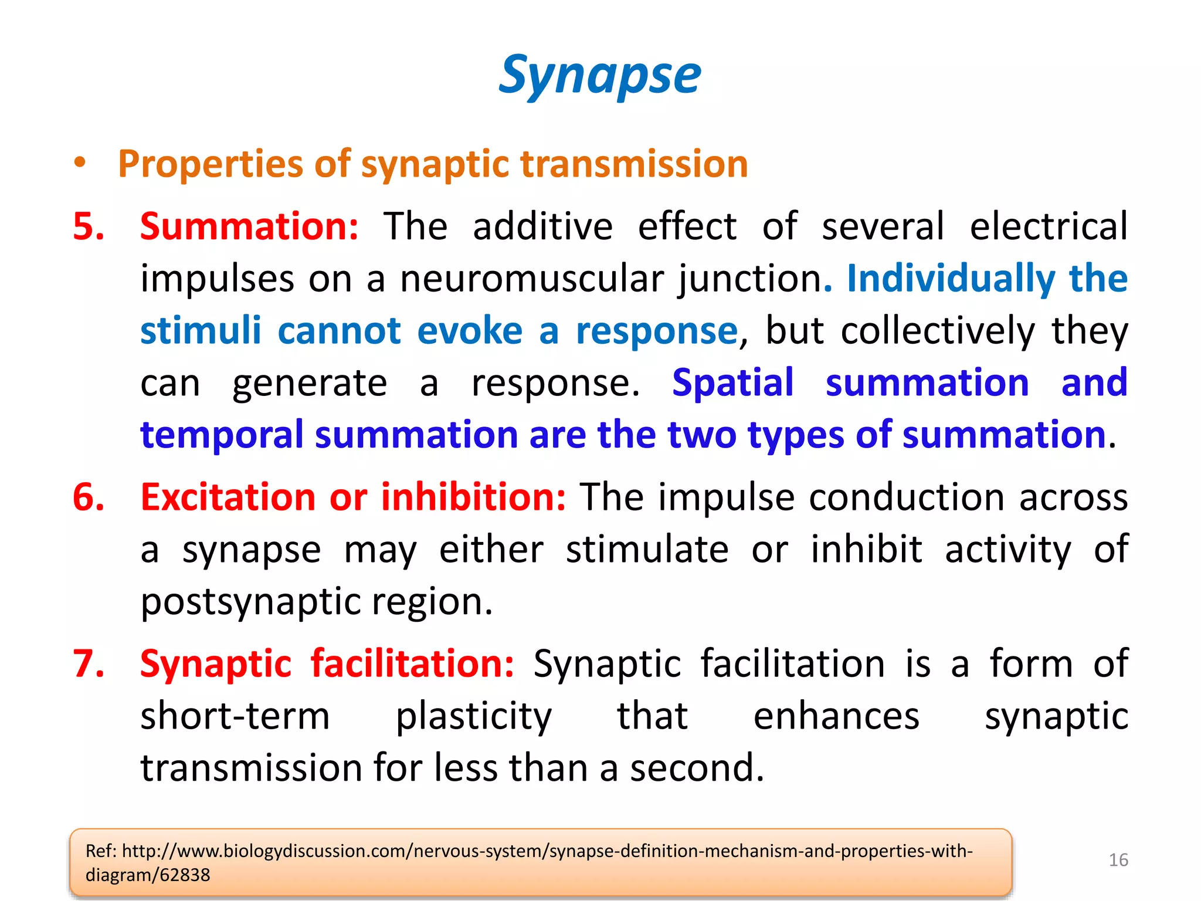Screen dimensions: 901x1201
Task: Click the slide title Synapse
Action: point(599,75)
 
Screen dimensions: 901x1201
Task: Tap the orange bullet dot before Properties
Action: point(80,163)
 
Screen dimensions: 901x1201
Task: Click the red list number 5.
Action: point(89,226)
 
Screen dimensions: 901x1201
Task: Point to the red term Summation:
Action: point(249,226)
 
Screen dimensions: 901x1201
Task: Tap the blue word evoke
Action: point(469,330)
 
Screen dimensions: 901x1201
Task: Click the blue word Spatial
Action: point(732,382)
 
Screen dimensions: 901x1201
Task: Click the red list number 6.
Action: point(89,497)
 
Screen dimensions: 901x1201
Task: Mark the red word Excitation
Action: point(228,497)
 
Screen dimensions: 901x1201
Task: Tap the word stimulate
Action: point(647,550)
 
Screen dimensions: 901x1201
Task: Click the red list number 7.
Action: point(89,664)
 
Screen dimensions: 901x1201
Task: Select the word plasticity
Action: point(474,716)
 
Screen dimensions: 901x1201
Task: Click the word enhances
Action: point(836,716)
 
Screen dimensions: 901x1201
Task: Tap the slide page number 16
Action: point(1118,860)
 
